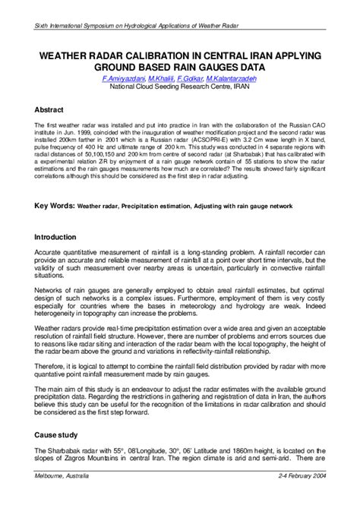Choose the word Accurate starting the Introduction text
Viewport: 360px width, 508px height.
[50, 253]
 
